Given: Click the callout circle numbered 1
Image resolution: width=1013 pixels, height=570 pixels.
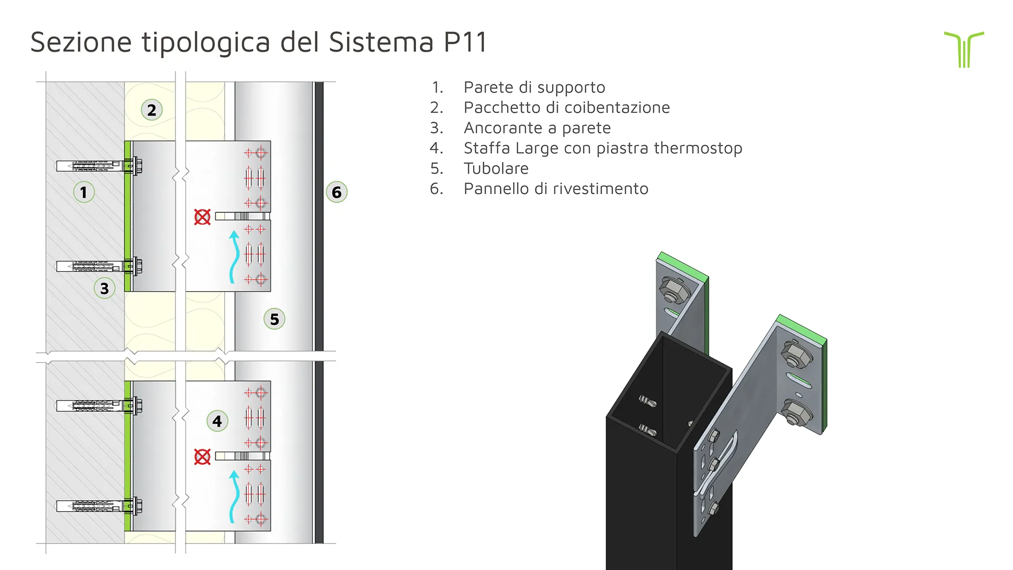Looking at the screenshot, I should (x=84, y=192).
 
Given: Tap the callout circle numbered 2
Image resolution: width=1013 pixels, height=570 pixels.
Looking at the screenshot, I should (x=152, y=110).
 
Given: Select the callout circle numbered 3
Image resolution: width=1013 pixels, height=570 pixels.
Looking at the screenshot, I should (x=104, y=288).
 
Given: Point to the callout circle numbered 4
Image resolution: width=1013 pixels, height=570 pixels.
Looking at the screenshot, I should (x=217, y=421).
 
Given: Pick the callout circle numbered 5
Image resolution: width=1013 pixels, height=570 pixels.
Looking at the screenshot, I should (x=274, y=319).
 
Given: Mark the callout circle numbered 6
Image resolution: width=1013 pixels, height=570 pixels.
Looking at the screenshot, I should (x=337, y=192).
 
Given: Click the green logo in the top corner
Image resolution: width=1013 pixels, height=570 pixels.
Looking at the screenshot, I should (x=964, y=49).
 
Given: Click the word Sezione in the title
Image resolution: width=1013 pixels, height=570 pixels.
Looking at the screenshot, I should (x=81, y=42).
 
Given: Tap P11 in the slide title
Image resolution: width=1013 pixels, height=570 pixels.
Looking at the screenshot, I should (x=465, y=42).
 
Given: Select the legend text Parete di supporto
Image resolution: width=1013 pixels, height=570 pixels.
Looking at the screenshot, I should (x=534, y=87).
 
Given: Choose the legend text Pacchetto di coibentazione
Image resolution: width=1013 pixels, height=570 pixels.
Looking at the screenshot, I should (x=566, y=107).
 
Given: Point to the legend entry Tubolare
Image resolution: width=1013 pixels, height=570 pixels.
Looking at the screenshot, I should (x=496, y=168).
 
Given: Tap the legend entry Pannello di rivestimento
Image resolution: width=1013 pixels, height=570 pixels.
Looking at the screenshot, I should (x=556, y=189).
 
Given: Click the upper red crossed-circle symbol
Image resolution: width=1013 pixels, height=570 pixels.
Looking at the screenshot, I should (x=202, y=217).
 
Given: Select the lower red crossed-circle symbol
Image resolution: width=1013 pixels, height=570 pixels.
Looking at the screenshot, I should (x=202, y=457).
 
